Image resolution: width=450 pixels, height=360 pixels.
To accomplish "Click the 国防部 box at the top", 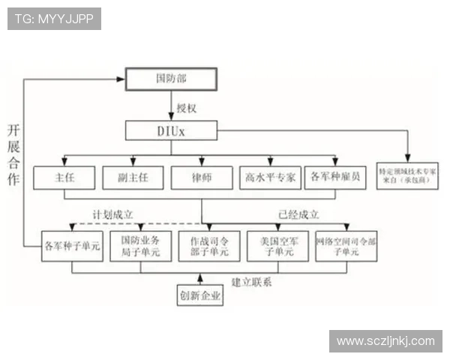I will click(170, 78).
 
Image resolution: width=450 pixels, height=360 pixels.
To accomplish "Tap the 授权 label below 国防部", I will click(186, 108).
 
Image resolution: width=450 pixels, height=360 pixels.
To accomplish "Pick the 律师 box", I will click(200, 178).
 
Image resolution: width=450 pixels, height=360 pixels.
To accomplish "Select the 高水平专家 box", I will click(269, 178).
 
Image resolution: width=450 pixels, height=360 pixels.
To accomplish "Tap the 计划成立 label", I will click(113, 214).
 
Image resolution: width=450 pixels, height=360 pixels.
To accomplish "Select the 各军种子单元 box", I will click(73, 245).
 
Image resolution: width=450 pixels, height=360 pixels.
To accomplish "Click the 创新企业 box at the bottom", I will click(200, 295).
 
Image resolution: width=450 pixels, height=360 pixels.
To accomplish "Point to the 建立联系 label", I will click(251, 282).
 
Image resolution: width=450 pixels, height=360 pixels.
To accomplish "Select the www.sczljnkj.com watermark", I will click(385, 341).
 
